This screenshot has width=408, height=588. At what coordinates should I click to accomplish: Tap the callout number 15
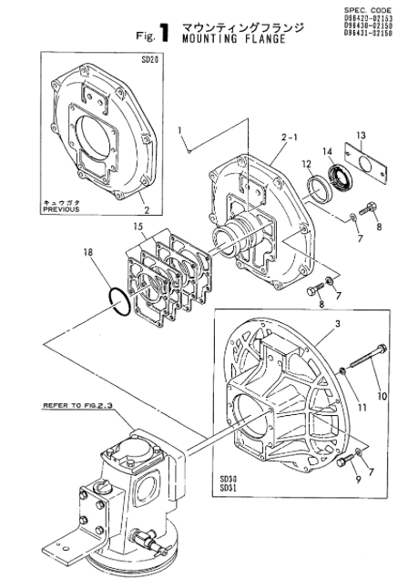[138, 225]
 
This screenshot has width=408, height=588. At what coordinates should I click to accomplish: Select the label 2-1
[291, 138]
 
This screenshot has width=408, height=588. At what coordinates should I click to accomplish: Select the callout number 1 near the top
[180, 129]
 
